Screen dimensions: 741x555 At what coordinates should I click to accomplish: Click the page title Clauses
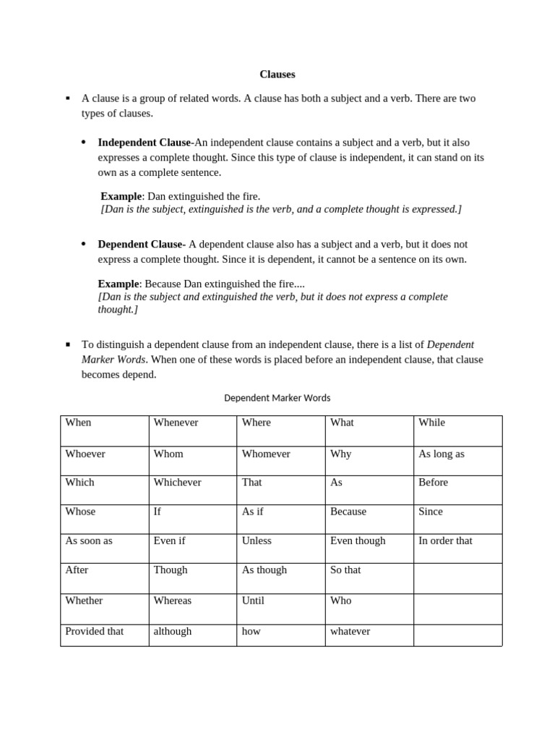277,75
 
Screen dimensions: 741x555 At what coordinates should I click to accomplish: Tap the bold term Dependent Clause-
142,244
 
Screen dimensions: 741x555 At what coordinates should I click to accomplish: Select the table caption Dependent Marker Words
277,398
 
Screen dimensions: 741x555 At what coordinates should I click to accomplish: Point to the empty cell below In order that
457,578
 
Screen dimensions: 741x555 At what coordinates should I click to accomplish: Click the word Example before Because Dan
118,284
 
